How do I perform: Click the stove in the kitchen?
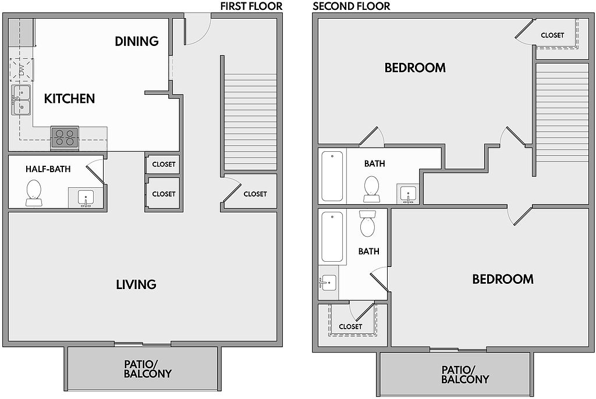(65, 138)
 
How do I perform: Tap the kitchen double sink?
(20, 100)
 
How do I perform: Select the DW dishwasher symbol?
(22, 70)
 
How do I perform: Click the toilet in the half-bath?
(33, 193)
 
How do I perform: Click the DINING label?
(137, 41)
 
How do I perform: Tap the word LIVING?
(136, 284)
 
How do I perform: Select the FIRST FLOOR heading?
(251, 6)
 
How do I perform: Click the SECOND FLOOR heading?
(351, 6)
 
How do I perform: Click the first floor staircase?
(250, 122)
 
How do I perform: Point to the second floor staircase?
(562, 112)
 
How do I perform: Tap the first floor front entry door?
(197, 30)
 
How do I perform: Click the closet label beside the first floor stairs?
(255, 194)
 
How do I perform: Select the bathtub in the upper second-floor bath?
(332, 176)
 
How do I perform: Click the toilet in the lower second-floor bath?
(367, 223)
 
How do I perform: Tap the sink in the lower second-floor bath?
(328, 283)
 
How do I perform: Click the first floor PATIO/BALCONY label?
(148, 369)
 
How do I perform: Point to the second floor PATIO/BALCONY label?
(465, 375)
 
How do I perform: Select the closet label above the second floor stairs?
(552, 35)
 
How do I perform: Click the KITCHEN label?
(70, 99)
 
